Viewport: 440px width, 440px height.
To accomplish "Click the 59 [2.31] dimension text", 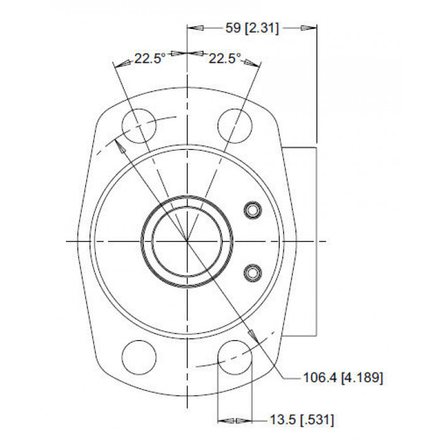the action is coord(252,28).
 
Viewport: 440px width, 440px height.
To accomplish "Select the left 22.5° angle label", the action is coord(150,58).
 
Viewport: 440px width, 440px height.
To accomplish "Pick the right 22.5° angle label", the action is coord(225,58).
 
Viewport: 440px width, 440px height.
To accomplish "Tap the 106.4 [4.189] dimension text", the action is coord(343,378).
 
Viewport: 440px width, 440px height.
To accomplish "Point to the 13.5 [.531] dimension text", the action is coord(302,420).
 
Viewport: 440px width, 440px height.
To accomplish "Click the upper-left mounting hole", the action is coord(139,126).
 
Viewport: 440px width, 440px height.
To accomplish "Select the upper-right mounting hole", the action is coord(235,126).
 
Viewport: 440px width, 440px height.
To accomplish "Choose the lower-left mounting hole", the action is coord(139,357).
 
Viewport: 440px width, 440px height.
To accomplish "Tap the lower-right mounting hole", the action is coord(235,357).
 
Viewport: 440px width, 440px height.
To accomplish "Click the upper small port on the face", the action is coord(253,210).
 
